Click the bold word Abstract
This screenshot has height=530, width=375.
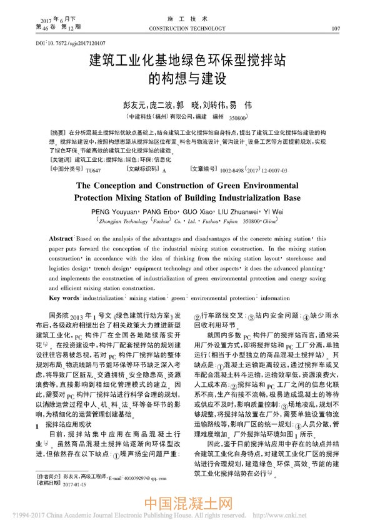coord(61,240)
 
